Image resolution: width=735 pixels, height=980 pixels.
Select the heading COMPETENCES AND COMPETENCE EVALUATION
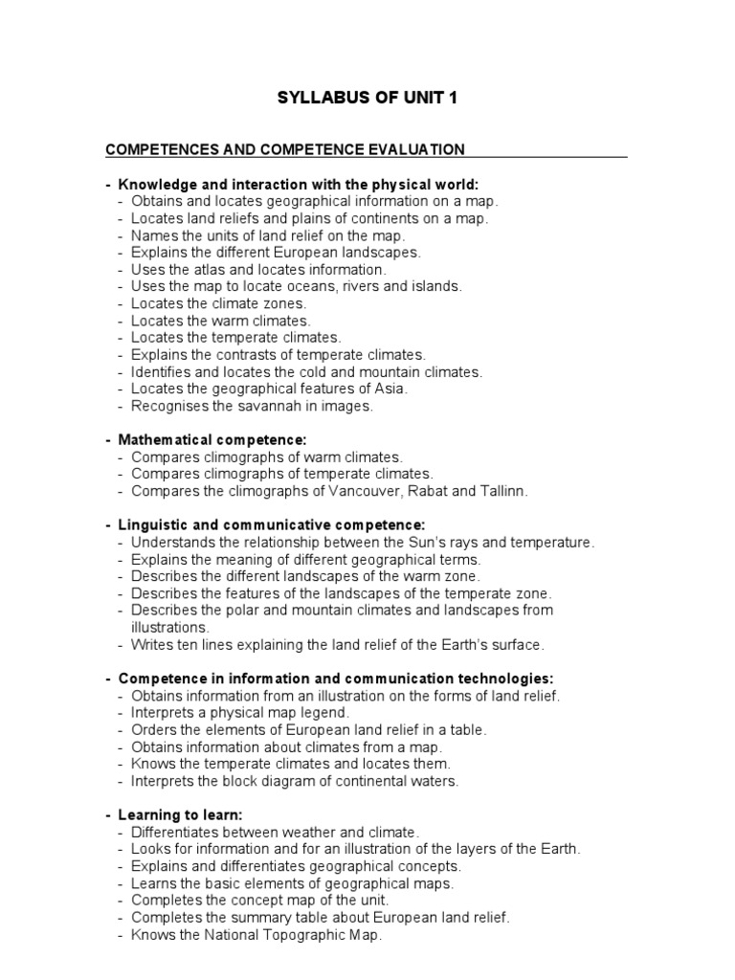(284, 149)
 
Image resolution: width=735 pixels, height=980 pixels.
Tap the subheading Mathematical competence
(212, 439)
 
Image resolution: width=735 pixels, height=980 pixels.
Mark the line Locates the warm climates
(220, 321)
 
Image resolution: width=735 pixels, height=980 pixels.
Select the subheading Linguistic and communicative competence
(271, 525)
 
